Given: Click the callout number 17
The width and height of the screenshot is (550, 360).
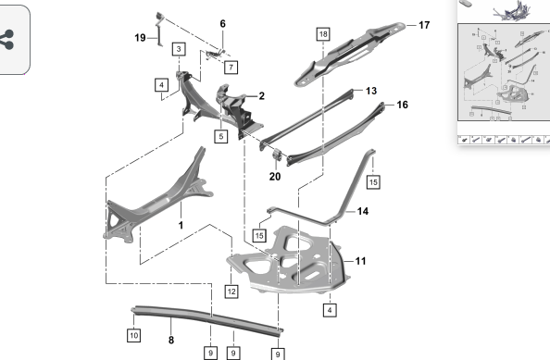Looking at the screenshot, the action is (424, 25).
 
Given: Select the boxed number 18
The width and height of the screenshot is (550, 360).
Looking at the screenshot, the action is (323, 34).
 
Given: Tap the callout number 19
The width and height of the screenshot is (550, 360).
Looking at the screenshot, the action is (140, 38).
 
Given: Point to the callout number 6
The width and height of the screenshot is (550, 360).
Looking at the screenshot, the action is (223, 23).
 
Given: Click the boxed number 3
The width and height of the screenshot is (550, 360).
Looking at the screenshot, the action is (179, 49).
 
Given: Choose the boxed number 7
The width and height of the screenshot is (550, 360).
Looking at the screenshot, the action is (231, 67).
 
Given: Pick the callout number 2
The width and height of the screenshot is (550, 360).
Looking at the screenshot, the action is (262, 95).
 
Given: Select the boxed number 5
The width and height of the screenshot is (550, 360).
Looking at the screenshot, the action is (221, 136).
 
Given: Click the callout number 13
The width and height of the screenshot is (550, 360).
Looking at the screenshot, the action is (371, 91).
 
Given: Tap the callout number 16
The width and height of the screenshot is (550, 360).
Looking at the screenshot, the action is (403, 105).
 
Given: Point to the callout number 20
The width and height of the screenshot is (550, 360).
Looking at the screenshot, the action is (275, 177).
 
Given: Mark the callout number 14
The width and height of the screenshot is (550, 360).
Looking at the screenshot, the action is (363, 211).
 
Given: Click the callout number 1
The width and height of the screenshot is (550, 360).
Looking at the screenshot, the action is (181, 225).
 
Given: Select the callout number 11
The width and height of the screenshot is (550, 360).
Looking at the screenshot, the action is (360, 261).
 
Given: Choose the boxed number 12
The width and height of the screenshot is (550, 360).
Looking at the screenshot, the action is (231, 292).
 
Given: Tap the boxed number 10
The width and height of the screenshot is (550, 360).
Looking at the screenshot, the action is (134, 335).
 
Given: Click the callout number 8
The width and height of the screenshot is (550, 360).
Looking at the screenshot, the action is (171, 340).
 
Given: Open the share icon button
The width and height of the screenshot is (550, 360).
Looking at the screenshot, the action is (7, 40).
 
